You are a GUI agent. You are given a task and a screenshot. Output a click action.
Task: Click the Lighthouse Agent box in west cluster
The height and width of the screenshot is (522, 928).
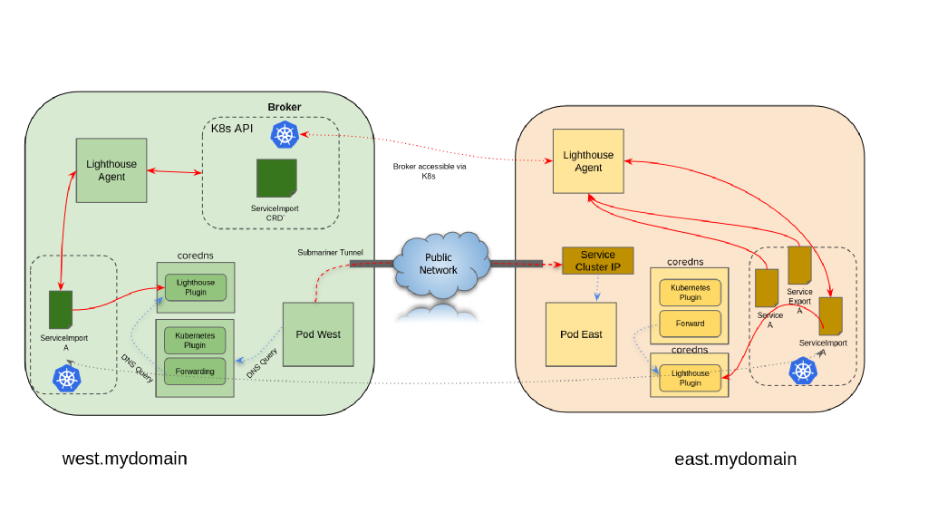111,170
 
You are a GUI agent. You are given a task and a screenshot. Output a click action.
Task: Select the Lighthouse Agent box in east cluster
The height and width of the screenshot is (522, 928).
588,161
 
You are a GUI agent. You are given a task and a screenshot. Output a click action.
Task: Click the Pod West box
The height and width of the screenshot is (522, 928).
318,334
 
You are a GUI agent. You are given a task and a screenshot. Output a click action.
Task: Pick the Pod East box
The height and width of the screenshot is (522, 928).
581,334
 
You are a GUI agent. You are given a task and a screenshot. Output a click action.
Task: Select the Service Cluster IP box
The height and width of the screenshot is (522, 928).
597,261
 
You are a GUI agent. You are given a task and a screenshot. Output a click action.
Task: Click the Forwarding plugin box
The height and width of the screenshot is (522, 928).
195,372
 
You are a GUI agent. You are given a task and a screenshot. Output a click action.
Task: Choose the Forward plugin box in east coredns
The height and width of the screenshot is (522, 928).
690,323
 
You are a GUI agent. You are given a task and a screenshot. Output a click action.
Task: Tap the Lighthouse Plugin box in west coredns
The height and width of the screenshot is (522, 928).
196,287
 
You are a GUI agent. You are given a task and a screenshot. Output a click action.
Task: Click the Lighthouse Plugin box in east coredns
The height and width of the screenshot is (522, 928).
690,378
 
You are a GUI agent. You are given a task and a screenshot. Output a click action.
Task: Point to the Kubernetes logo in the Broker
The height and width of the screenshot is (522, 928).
285,135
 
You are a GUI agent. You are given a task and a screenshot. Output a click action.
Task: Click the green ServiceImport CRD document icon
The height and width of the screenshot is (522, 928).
275,179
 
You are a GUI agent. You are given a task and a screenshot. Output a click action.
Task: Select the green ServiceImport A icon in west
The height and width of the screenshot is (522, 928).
61,310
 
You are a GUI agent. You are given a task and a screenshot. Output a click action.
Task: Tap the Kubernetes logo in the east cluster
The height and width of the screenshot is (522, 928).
802,371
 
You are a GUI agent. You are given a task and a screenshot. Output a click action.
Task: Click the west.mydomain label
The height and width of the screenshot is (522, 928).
124,459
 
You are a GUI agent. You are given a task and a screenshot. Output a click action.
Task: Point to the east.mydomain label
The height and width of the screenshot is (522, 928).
735,459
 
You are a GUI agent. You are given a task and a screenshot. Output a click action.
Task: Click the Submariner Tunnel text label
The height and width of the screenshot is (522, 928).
330,252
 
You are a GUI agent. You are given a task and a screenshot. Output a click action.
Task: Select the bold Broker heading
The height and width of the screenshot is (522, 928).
284,107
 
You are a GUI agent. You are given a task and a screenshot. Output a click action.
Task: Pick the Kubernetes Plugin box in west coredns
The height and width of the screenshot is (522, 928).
195,340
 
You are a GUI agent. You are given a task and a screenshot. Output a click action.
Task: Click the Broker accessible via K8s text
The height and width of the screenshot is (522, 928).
429,171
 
